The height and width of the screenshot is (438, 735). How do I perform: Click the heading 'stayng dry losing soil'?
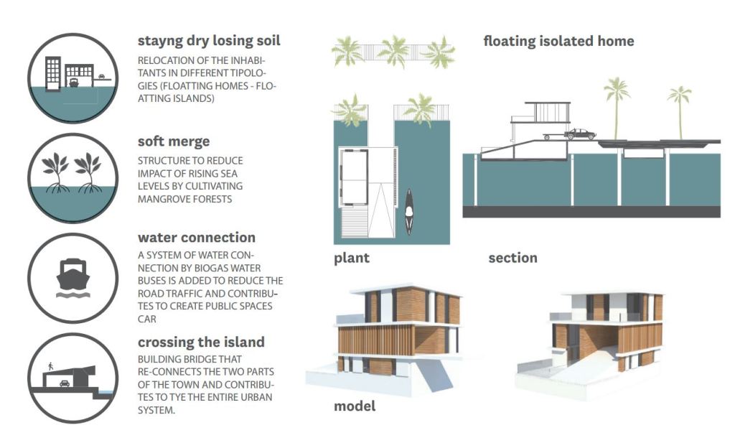tap(209, 41)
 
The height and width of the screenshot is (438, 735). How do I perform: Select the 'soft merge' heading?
tap(174, 141)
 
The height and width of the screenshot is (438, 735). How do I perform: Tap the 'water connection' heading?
tap(196, 237)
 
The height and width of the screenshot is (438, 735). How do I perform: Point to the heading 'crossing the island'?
tap(201, 342)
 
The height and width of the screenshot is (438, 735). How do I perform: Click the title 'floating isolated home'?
tap(558, 41)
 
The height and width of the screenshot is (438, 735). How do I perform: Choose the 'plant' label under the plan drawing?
tap(351, 258)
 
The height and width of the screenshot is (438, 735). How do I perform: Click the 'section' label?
tap(512, 258)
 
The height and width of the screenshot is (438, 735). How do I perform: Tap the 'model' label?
tap(354, 406)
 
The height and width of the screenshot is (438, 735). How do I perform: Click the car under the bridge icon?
tap(64, 384)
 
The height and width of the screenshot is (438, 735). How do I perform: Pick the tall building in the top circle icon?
tap(53, 72)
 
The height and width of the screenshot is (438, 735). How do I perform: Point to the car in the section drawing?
tap(579, 134)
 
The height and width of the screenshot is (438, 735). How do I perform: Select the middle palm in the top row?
tap(393, 52)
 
